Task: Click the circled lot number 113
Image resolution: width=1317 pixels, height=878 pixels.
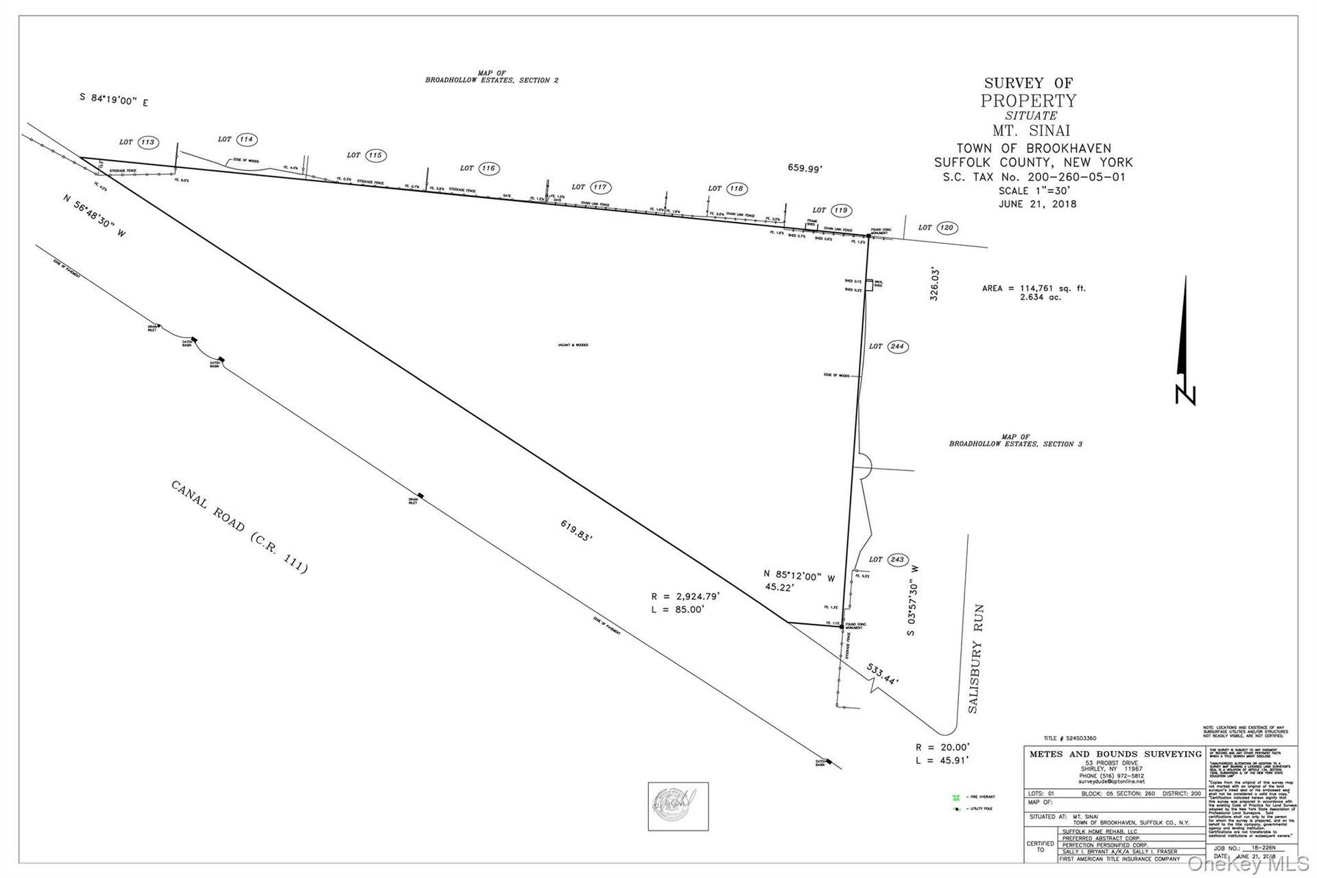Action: (147, 142)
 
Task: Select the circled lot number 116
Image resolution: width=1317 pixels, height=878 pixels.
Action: (488, 168)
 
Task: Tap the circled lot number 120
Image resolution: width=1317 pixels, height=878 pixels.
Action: (947, 227)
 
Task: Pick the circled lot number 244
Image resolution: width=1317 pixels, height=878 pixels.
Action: (897, 347)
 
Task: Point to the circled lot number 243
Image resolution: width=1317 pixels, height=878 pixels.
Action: (897, 559)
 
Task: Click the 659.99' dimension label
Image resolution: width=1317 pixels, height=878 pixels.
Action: (805, 168)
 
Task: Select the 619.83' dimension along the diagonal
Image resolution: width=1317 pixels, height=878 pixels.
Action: (576, 531)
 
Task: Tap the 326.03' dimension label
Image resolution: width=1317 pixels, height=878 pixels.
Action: (934, 284)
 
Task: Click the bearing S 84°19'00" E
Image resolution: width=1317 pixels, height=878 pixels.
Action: (113, 100)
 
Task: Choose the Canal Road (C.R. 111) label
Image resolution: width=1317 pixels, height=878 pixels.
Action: (239, 527)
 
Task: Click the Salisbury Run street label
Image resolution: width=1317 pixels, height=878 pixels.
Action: (976, 659)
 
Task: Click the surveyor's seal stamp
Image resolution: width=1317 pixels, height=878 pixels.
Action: (678, 806)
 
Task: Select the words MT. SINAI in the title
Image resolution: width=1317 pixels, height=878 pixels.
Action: (1031, 130)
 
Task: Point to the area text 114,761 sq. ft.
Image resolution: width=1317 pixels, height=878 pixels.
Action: (1034, 288)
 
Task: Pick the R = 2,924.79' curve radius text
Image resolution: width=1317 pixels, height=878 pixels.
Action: (685, 597)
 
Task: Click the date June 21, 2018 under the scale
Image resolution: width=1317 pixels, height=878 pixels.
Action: (1038, 204)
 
